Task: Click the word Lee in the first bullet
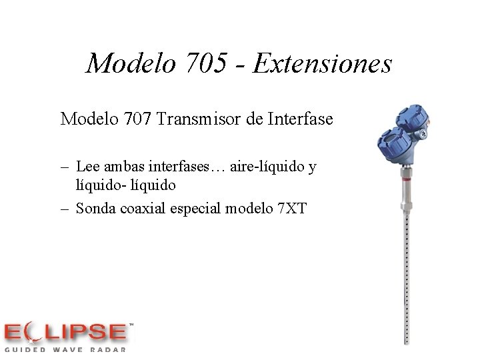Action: click(88, 166)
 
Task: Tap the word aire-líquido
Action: click(265, 166)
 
